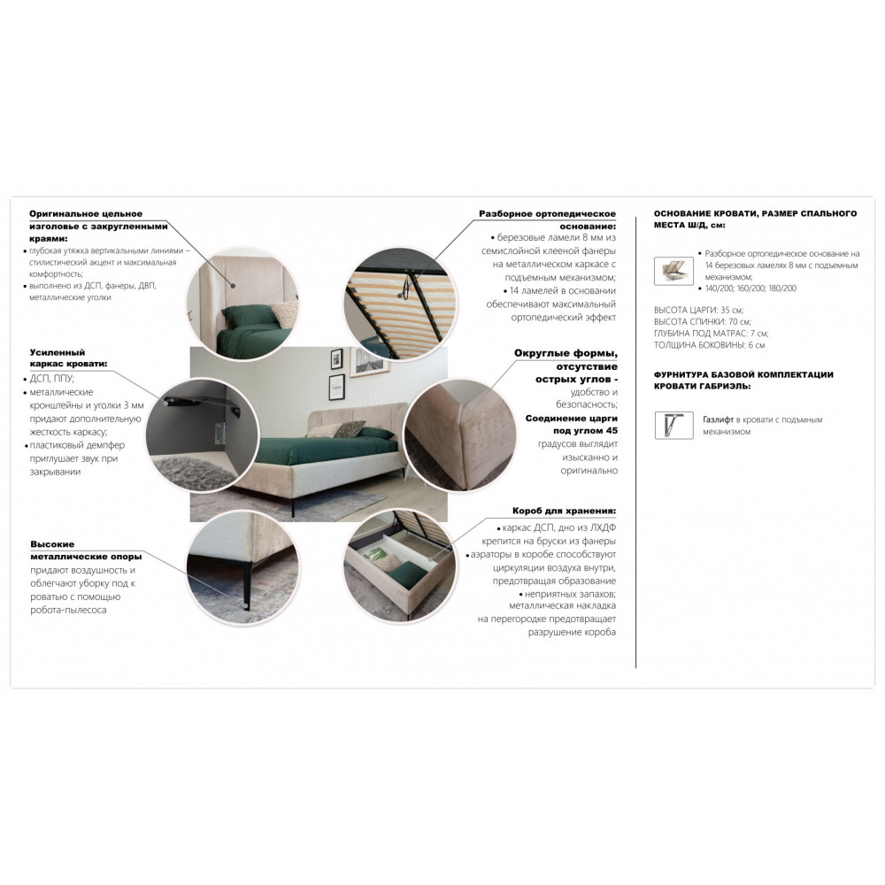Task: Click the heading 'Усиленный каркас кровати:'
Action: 68,358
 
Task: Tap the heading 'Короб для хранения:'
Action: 564,511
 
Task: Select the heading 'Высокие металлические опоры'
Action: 87,550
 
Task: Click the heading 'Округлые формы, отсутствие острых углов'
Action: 566,366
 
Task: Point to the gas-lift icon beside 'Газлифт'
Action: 673,425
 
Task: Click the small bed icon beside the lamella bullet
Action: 673,270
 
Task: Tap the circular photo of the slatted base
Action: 400,302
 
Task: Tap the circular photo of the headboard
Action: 243,303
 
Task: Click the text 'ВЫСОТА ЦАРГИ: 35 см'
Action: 699,310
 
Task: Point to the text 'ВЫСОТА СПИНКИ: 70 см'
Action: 703,322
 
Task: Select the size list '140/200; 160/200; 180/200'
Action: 750,289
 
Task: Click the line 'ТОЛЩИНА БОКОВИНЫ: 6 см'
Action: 710,345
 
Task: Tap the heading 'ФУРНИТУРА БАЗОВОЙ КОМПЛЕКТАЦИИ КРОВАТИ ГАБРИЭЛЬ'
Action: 744,381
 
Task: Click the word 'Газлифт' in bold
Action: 718,419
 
